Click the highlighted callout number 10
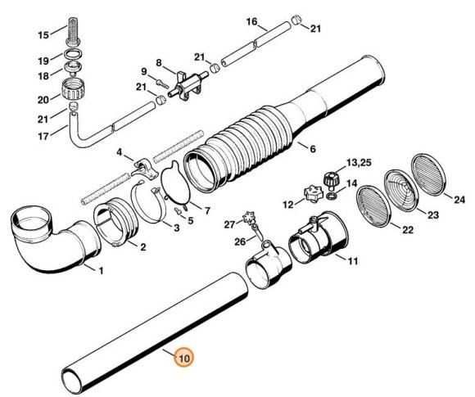coord(184,358)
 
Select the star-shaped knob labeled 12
coord(312,194)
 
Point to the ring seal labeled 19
coord(73,53)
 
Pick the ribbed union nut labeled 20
coord(72,90)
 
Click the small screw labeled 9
coord(162,83)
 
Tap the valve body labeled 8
coord(187,84)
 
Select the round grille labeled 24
coord(429,172)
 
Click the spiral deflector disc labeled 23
coord(402,191)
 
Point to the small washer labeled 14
coord(332,196)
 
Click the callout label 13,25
coord(359,163)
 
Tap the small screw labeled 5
coord(179,211)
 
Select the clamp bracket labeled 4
coord(145,169)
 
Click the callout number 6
coord(312,149)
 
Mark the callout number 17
coord(43,136)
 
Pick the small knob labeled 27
coord(249,218)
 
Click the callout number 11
coord(352,261)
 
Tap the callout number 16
coord(251,21)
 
